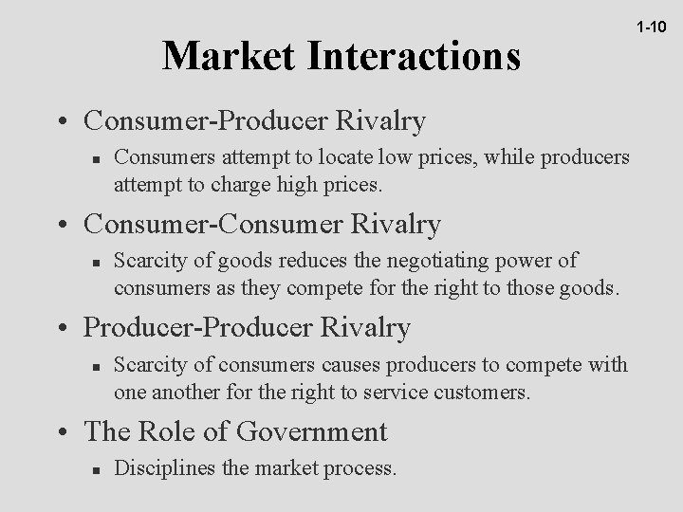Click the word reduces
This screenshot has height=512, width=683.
tap(307, 261)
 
